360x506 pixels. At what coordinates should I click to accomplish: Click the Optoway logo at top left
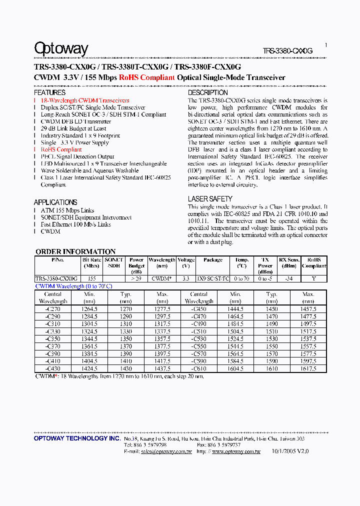click(61, 48)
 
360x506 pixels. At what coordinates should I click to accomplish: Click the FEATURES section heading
click(49, 92)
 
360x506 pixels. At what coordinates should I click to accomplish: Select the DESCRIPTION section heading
click(207, 92)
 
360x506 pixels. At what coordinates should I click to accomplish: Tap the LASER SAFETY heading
click(209, 199)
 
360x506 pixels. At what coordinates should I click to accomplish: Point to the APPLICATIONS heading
click(55, 202)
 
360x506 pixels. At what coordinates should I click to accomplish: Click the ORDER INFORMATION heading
click(75, 251)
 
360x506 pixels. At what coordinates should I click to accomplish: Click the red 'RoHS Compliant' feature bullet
click(61, 149)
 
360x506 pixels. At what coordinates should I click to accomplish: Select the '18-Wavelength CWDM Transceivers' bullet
click(85, 100)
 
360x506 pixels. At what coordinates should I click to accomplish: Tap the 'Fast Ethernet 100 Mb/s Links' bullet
click(75, 224)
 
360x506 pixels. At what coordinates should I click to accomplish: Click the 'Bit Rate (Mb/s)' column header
click(92, 263)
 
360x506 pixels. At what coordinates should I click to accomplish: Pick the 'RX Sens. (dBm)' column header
click(289, 263)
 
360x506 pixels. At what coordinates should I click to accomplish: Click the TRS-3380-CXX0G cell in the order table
click(56, 278)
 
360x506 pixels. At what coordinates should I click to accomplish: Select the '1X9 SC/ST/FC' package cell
click(213, 278)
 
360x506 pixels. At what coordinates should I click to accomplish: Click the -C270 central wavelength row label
click(52, 309)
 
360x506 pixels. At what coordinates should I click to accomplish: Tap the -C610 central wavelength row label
click(198, 368)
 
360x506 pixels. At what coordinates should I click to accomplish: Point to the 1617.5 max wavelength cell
click(308, 368)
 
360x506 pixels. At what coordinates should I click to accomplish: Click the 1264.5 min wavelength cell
click(89, 309)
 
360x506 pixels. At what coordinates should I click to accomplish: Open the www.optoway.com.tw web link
click(236, 451)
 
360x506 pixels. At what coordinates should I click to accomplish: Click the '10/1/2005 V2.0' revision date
click(290, 450)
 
